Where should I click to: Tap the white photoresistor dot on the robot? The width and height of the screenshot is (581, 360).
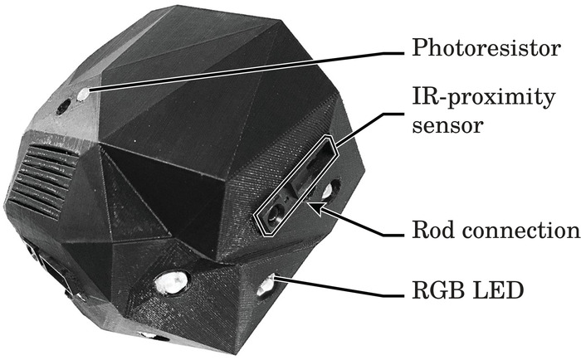click(82, 95)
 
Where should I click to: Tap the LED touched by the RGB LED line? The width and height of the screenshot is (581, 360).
click(266, 286)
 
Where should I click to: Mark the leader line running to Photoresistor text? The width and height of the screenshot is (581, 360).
click(249, 71)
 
